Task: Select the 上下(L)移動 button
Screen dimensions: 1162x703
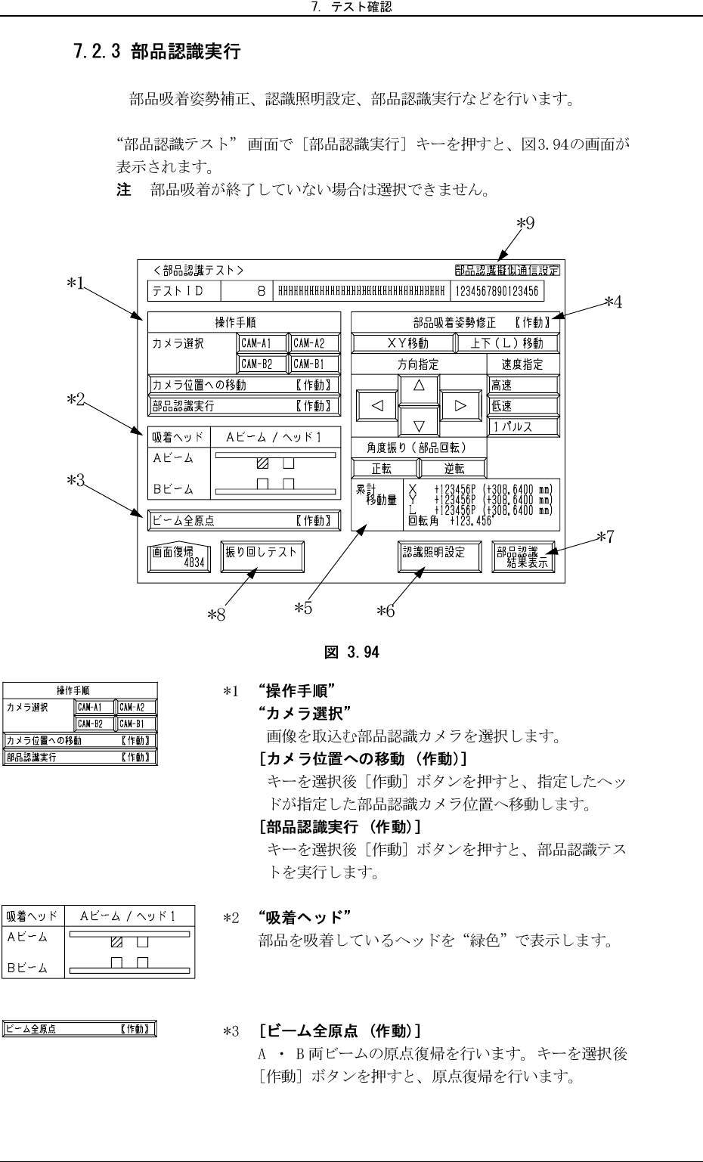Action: (x=506, y=343)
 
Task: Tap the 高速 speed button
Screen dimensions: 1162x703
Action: (x=523, y=385)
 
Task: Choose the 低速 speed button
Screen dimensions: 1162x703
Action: (x=523, y=406)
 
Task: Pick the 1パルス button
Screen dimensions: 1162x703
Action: (x=523, y=426)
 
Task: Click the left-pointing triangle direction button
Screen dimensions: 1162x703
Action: (x=378, y=405)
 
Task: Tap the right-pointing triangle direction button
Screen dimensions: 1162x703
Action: (x=460, y=405)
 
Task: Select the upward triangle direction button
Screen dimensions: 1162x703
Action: (x=419, y=385)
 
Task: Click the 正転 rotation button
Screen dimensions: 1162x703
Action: (x=385, y=469)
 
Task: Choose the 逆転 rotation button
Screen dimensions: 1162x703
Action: (x=454, y=469)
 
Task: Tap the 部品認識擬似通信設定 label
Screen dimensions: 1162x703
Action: (x=507, y=271)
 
